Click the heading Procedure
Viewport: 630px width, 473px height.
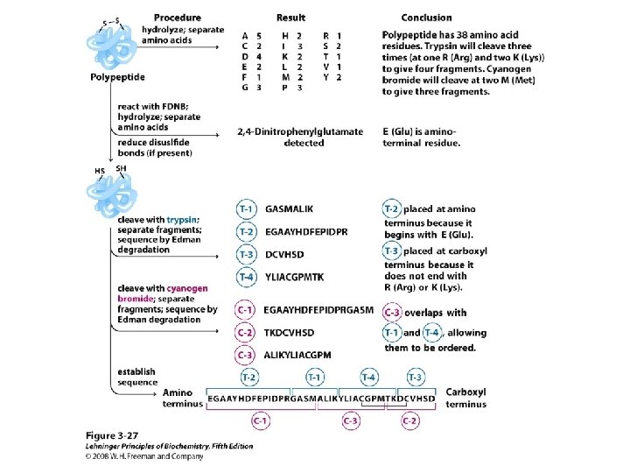click(178, 18)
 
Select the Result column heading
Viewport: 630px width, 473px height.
click(291, 18)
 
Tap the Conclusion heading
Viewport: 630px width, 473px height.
click(426, 18)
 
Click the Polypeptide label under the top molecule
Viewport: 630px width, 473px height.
click(116, 78)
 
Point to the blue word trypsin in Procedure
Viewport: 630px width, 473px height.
click(181, 219)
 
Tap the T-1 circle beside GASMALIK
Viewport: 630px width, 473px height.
click(248, 209)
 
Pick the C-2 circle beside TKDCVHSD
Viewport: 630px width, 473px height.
click(248, 333)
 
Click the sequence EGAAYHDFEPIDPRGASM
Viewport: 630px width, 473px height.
click(318, 310)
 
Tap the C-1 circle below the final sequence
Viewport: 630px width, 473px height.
click(260, 421)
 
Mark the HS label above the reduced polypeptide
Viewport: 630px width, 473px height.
click(99, 171)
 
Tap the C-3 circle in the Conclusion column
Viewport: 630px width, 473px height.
click(393, 313)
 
